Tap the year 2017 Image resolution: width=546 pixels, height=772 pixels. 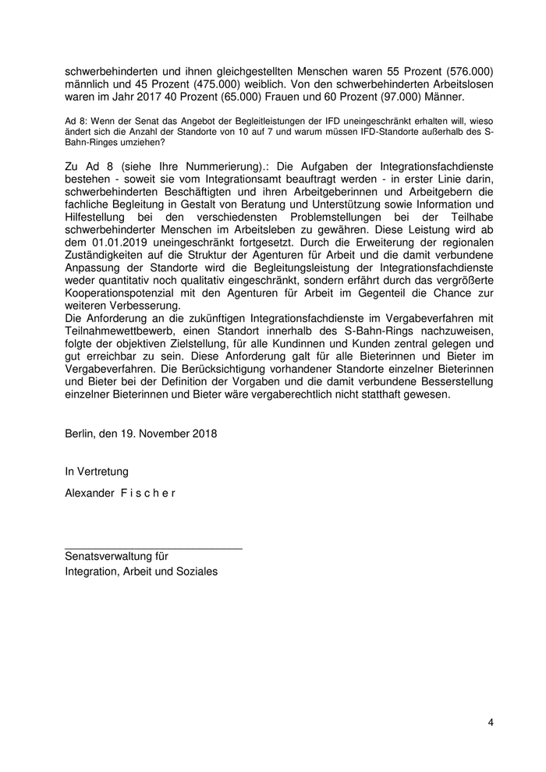point(130,97)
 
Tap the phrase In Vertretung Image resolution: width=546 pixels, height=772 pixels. point(97,471)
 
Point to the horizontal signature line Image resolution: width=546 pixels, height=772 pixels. point(153,549)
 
